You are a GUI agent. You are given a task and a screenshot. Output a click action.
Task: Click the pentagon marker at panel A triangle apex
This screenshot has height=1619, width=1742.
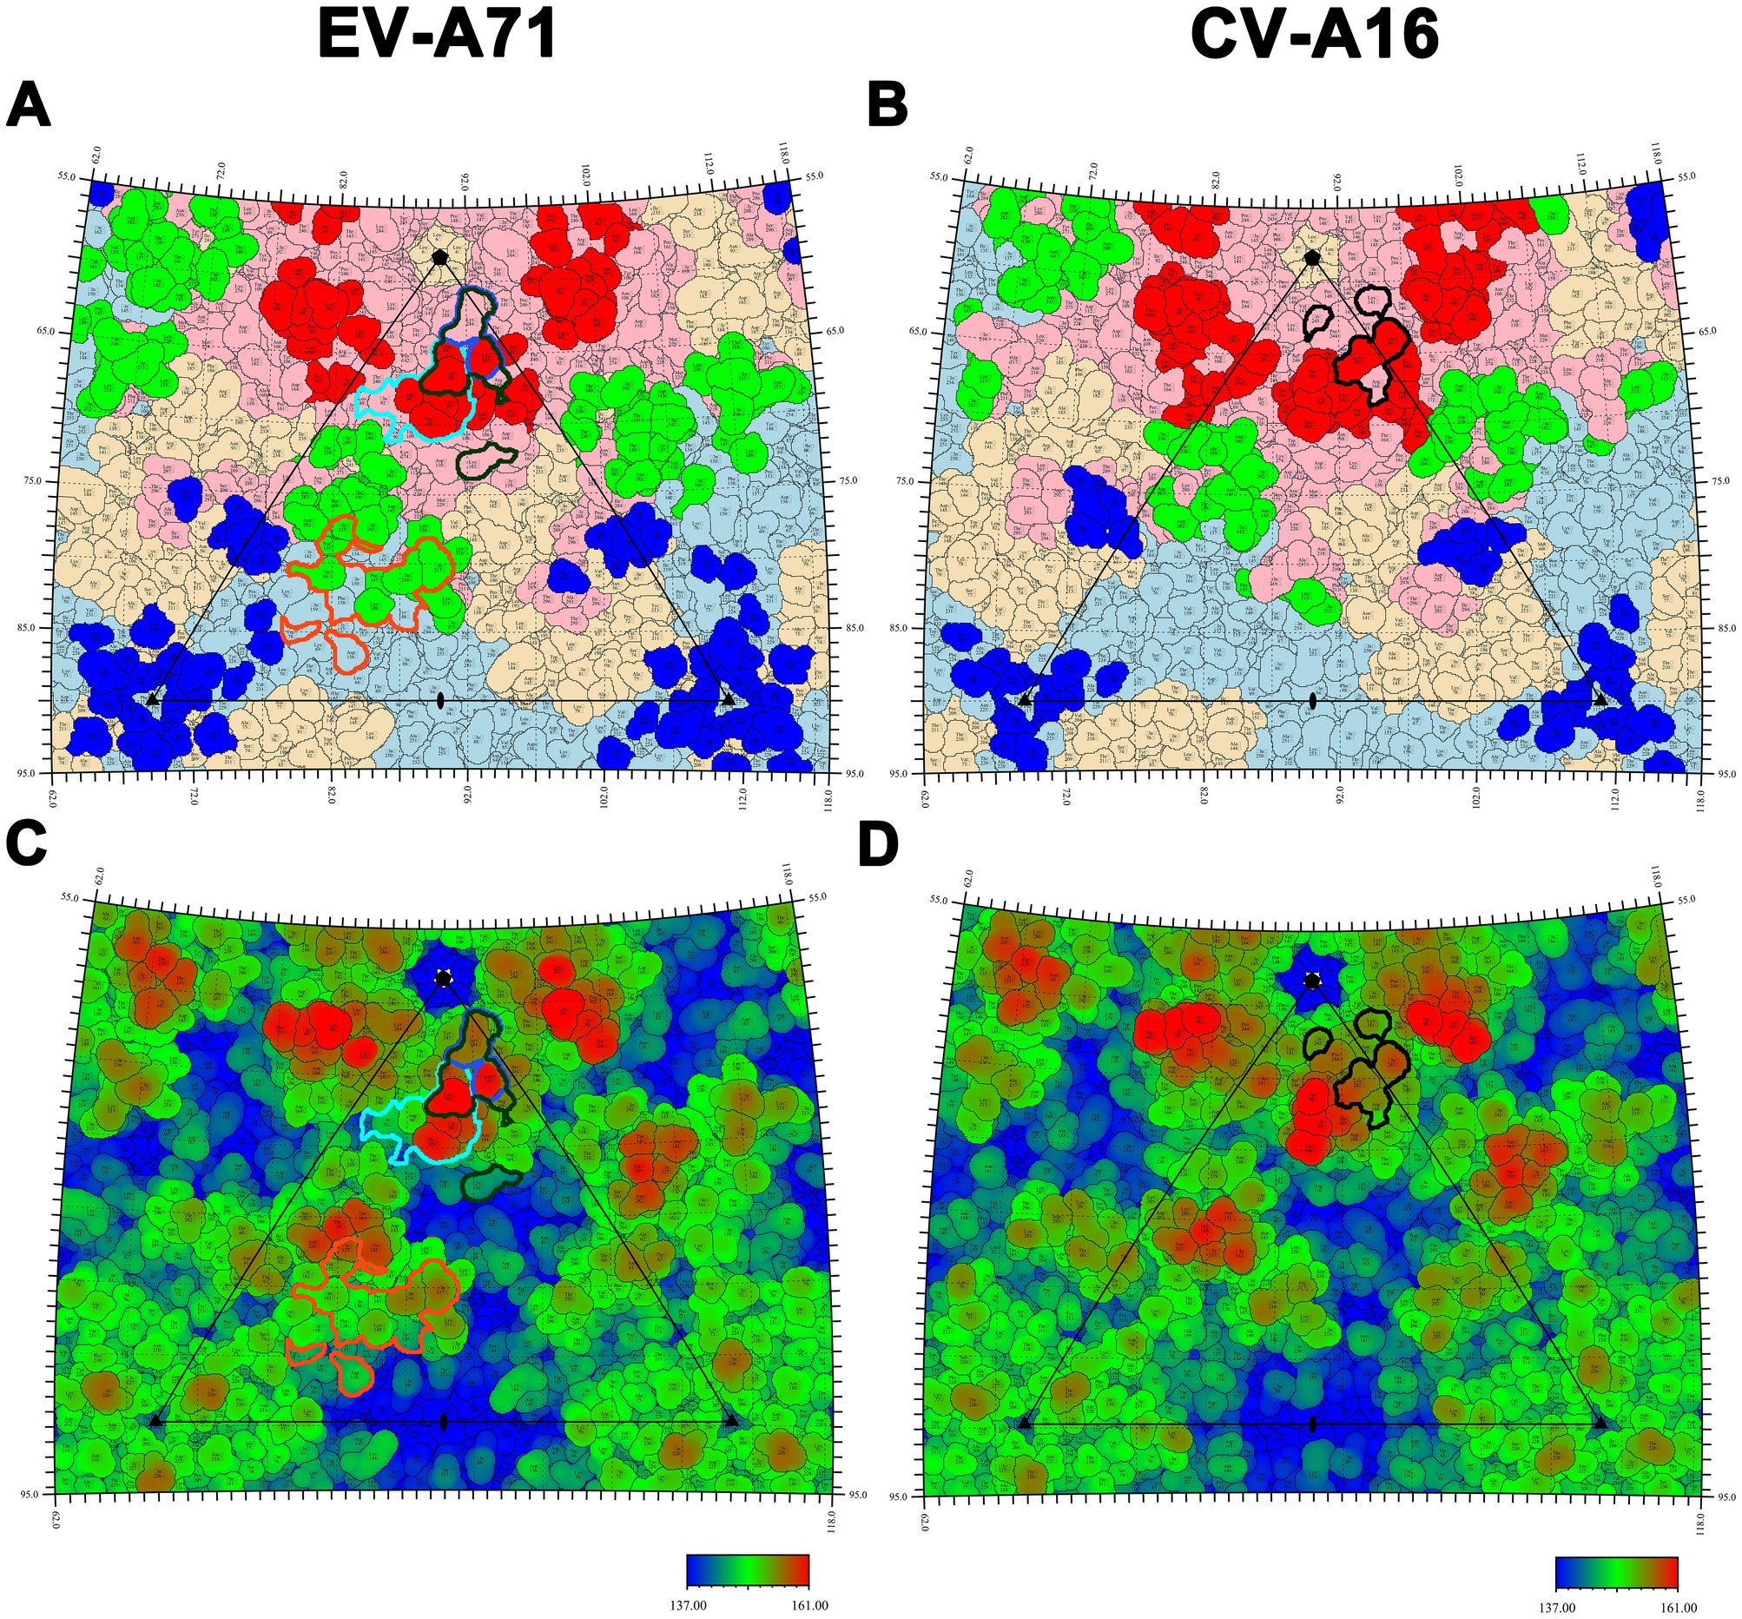(440, 257)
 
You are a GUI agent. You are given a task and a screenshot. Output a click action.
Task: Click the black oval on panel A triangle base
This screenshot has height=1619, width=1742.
(440, 700)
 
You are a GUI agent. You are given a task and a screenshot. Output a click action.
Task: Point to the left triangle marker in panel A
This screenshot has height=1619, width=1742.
(153, 699)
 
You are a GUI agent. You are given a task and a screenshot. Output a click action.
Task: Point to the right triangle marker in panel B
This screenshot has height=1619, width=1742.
(1600, 699)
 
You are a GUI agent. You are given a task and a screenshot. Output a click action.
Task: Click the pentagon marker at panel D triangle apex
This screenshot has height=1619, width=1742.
(1312, 981)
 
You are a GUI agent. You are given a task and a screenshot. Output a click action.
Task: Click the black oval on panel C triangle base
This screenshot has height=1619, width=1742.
(443, 1421)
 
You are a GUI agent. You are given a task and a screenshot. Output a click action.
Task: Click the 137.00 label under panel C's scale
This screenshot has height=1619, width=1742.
(688, 1606)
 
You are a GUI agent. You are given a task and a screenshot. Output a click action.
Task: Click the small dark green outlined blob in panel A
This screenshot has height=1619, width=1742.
(486, 459)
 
